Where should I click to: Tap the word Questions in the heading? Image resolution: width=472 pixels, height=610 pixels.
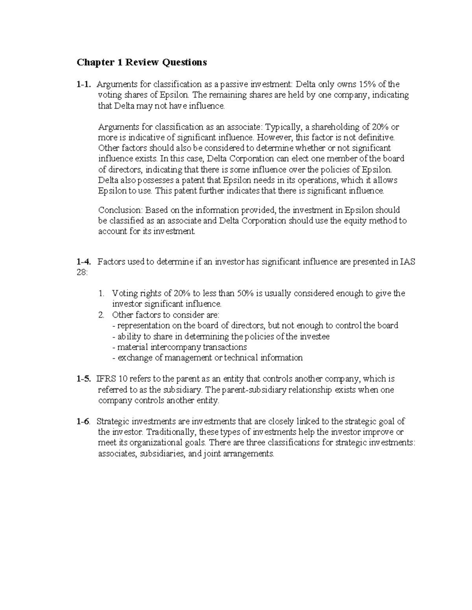click(x=185, y=62)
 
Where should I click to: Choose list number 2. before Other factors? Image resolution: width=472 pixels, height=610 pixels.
click(x=101, y=315)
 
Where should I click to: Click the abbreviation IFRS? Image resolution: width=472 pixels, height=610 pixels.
click(x=103, y=379)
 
